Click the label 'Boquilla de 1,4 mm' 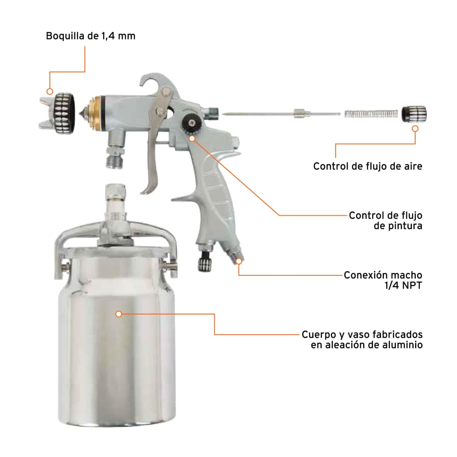91,36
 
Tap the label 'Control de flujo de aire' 368,166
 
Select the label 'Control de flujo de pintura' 385,221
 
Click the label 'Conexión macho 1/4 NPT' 383,280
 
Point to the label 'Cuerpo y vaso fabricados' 362,335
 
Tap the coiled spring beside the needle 371,113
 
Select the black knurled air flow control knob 414,113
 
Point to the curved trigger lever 154,152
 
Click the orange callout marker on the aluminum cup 119,314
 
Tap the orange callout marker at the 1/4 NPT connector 239,261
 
